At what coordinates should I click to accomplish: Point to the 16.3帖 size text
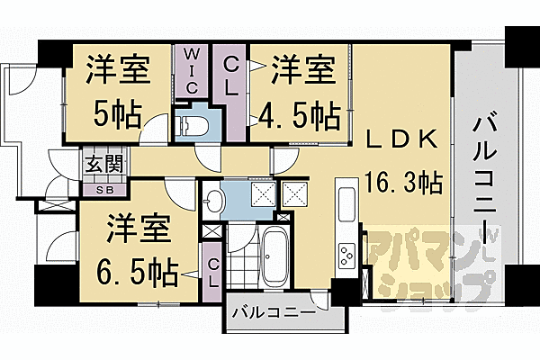click(x=402, y=183)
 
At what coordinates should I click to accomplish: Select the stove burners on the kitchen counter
click(x=347, y=256)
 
